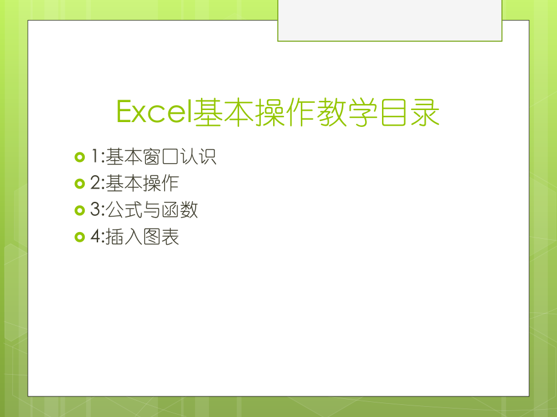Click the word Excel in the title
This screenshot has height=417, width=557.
click(x=154, y=113)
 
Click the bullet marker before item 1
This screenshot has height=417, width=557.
click(x=79, y=158)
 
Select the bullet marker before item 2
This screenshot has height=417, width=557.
click(x=79, y=184)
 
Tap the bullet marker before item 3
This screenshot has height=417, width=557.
click(x=79, y=210)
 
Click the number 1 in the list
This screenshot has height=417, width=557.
click(x=95, y=158)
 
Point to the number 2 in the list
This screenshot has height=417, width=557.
click(x=95, y=184)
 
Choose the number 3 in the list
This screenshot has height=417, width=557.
click(x=95, y=210)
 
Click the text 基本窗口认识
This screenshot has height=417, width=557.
click(x=161, y=158)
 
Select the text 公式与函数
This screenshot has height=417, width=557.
click(x=152, y=210)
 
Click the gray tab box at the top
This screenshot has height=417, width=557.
click(x=389, y=21)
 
